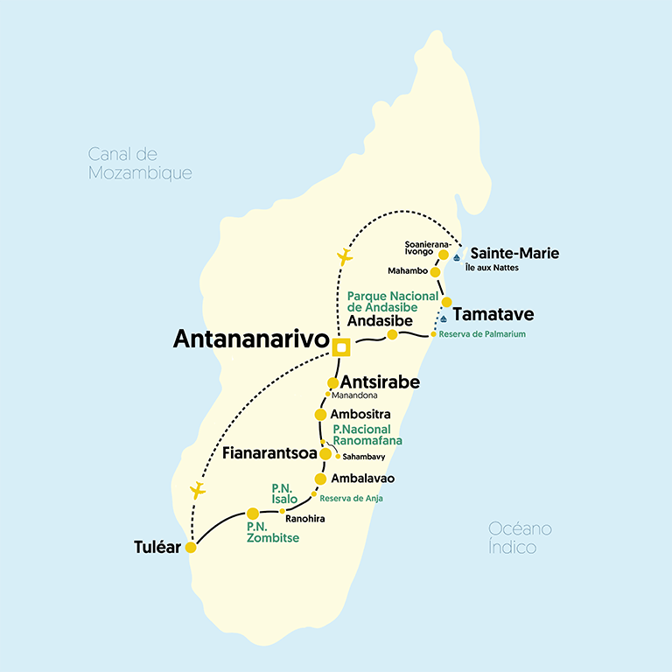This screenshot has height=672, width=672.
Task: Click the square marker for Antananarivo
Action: tap(341, 348)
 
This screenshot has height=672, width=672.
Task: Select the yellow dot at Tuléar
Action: tap(190, 548)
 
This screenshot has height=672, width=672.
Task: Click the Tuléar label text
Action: tap(157, 548)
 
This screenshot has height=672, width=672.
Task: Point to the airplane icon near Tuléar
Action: tap(199, 490)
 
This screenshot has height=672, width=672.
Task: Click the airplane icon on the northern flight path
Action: tap(345, 257)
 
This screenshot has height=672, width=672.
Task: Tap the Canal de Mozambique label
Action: tap(139, 164)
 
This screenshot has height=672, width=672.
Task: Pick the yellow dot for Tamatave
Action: tap(446, 302)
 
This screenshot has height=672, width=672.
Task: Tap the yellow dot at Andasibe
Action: tap(393, 334)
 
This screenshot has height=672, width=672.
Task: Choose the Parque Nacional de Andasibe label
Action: tap(382, 301)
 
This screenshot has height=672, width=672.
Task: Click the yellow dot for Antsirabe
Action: tap(332, 382)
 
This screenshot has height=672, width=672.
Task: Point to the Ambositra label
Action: tap(360, 414)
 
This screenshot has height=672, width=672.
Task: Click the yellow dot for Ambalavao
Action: tap(320, 479)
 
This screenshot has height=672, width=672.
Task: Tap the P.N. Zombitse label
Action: tap(272, 532)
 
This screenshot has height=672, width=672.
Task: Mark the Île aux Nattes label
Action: tap(492, 268)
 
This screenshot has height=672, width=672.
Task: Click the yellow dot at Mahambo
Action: tap(435, 272)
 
